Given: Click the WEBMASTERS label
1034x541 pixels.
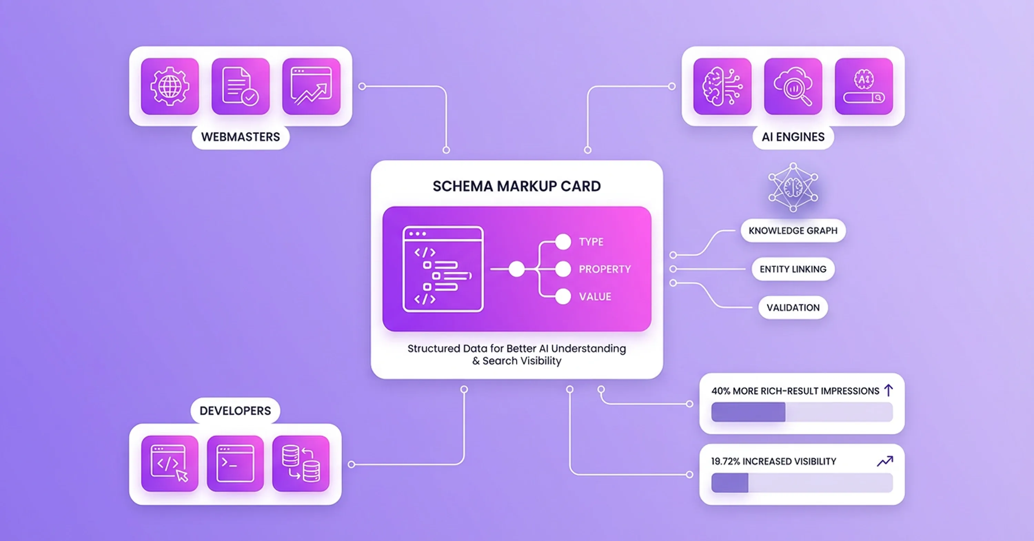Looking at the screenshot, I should (241, 137).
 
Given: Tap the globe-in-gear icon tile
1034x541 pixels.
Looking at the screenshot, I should (170, 86).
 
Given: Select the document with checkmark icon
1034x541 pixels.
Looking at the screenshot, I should (241, 86).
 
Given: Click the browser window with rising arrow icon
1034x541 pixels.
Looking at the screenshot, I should (311, 86).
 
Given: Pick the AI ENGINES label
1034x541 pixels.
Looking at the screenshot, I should (793, 137).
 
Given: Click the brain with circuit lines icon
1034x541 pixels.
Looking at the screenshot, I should (722, 86).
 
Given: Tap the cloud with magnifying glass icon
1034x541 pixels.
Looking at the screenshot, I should (793, 86).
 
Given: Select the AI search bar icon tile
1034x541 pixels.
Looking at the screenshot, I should (864, 86).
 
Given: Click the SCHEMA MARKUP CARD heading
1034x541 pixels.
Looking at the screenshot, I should (517, 186).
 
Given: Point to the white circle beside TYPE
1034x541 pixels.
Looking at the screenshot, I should (563, 242).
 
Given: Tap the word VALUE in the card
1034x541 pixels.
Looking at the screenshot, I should (595, 297).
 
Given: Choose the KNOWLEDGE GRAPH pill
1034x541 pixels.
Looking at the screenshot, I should (793, 231).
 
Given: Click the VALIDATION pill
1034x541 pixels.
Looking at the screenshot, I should (793, 307).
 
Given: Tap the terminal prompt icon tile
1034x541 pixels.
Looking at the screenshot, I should (235, 463).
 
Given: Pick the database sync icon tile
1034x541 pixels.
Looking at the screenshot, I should (301, 463).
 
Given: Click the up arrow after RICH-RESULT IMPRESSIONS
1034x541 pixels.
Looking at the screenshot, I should (888, 390).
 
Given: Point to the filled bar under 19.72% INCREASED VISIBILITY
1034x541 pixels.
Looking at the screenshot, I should (730, 483).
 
